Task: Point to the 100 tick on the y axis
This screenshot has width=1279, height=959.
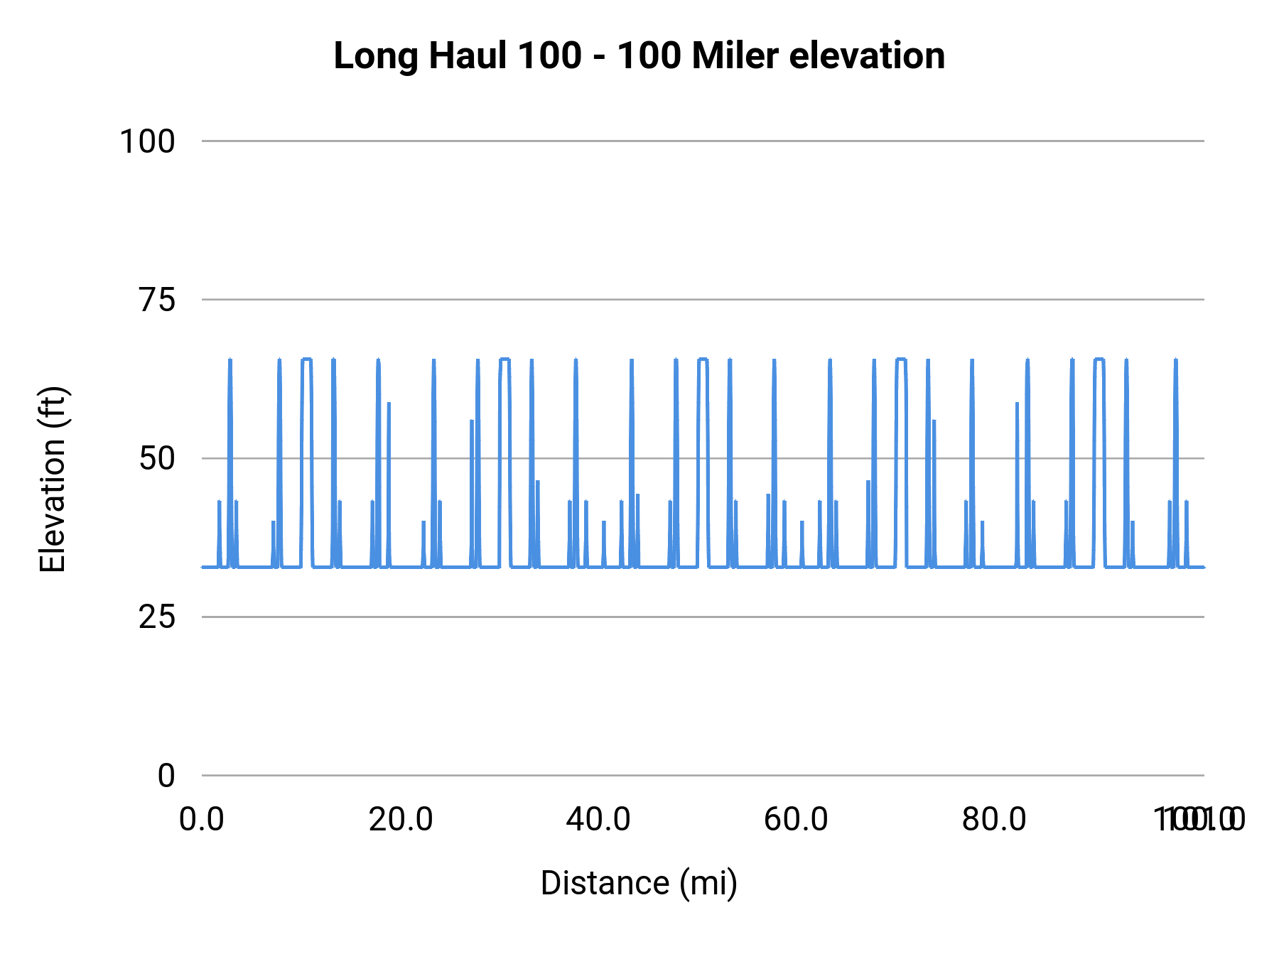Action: point(147,141)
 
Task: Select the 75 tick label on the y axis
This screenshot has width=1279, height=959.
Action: point(157,300)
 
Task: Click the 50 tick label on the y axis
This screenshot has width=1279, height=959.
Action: point(157,458)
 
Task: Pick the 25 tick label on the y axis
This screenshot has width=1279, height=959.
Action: point(157,617)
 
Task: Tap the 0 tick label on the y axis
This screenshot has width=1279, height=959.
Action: point(166,776)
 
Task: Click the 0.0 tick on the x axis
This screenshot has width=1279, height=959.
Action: point(202,820)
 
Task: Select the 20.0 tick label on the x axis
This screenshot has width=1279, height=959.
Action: point(401,820)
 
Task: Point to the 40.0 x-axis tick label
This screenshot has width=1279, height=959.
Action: point(598,820)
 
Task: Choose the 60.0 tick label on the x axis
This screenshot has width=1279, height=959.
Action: point(796,820)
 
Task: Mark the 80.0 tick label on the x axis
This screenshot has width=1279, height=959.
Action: point(994,820)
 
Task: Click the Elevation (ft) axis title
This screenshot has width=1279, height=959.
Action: point(53,479)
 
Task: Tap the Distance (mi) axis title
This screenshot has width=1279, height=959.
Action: point(639,883)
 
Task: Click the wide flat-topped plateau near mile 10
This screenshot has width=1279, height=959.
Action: point(307,360)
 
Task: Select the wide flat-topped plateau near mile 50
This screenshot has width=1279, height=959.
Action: point(703,360)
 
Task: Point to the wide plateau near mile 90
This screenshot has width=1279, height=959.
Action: point(1099,360)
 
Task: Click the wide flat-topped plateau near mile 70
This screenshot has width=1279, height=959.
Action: point(901,360)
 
